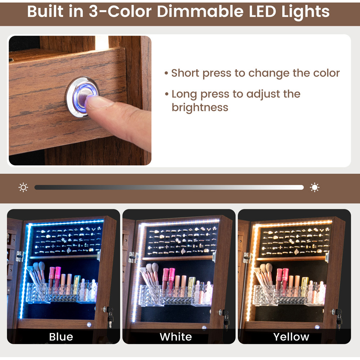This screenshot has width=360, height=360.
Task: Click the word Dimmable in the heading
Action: (x=200, y=12)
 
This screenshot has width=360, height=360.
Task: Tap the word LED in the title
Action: (x=262, y=12)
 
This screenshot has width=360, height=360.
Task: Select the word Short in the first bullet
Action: (x=185, y=73)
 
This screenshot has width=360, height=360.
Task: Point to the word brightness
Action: (x=200, y=107)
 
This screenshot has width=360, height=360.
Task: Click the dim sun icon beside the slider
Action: (x=23, y=187)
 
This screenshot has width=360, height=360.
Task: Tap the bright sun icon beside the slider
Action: (x=315, y=187)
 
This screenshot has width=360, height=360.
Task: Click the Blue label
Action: (x=61, y=337)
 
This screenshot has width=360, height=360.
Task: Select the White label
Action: (x=176, y=337)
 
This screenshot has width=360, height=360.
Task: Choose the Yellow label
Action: (x=291, y=337)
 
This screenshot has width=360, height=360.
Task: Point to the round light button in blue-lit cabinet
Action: (x=89, y=325)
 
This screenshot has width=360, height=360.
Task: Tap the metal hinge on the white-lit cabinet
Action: (x=132, y=257)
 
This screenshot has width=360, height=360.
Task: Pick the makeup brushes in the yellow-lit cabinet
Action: (x=264, y=274)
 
